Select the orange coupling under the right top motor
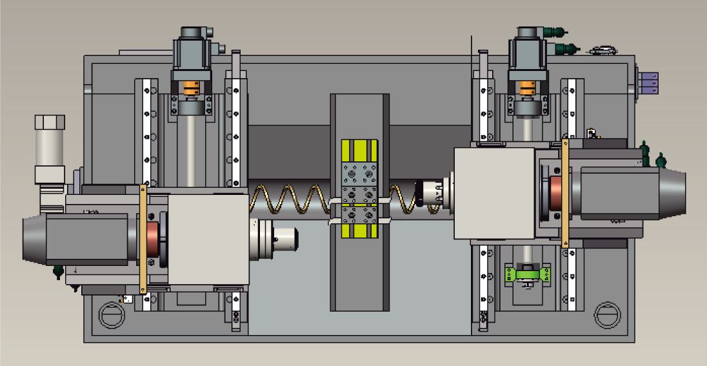pos(528,87)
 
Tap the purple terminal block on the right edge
pos(650,83)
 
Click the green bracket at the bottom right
pos(528,274)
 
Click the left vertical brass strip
pos(144,239)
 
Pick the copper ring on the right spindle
pos(555,197)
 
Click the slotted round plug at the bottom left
pos(110,315)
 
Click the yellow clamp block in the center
pos(359,190)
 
